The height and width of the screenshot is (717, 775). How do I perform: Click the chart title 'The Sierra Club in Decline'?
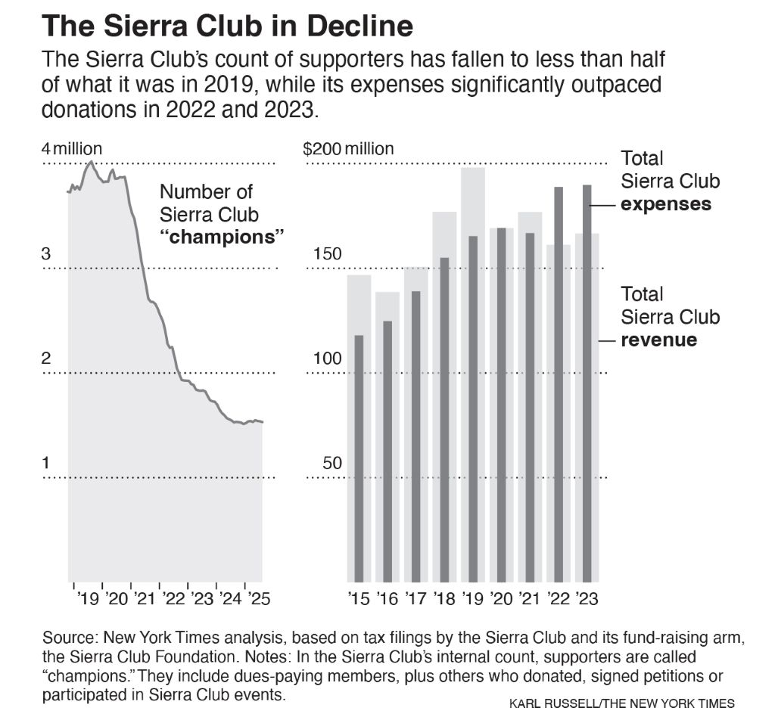coord(228,26)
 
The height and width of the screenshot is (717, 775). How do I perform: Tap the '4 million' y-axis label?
coord(72,149)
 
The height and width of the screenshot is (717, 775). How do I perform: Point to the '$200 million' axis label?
coord(348,149)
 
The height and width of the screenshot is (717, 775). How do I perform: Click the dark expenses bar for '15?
coord(359,454)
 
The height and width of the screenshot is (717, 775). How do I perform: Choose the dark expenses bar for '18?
coord(444,416)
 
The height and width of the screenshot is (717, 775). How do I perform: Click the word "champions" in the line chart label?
coord(221,236)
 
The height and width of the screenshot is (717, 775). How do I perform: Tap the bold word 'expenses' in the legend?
coord(665,204)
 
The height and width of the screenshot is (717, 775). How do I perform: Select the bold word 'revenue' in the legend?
coord(658,340)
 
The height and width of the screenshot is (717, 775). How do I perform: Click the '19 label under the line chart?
coord(88,599)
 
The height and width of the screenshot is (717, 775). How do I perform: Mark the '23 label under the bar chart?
coord(587,599)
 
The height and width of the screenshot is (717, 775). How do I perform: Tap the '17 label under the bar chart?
coord(416,599)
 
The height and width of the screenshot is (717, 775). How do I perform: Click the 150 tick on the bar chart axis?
coord(328,254)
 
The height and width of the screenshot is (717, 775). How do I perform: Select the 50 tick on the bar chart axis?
coord(332,464)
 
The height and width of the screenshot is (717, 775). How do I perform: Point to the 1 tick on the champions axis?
coord(45,464)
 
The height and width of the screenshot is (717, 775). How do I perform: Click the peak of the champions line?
coord(91,161)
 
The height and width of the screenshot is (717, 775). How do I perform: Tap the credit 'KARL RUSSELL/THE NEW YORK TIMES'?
coord(621,703)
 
